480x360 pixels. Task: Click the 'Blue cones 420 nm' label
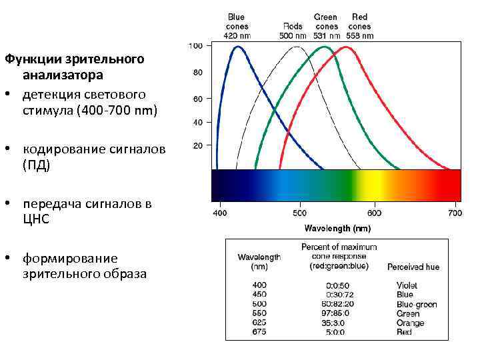click(x=237, y=26)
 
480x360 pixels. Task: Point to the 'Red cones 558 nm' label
click(x=359, y=26)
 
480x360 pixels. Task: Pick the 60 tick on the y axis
click(x=198, y=99)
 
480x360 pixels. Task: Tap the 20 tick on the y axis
click(x=198, y=145)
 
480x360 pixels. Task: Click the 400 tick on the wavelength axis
click(x=220, y=213)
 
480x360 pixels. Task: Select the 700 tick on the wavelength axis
click(x=454, y=213)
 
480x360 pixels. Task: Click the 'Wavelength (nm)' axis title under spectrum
click(x=337, y=228)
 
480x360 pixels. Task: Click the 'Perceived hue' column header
click(x=413, y=267)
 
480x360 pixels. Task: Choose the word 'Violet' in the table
click(x=407, y=285)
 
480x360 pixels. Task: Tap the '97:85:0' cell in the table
click(x=335, y=313)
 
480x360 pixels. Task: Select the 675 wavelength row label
click(x=259, y=331)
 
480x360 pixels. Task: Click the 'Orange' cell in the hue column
click(x=410, y=323)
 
